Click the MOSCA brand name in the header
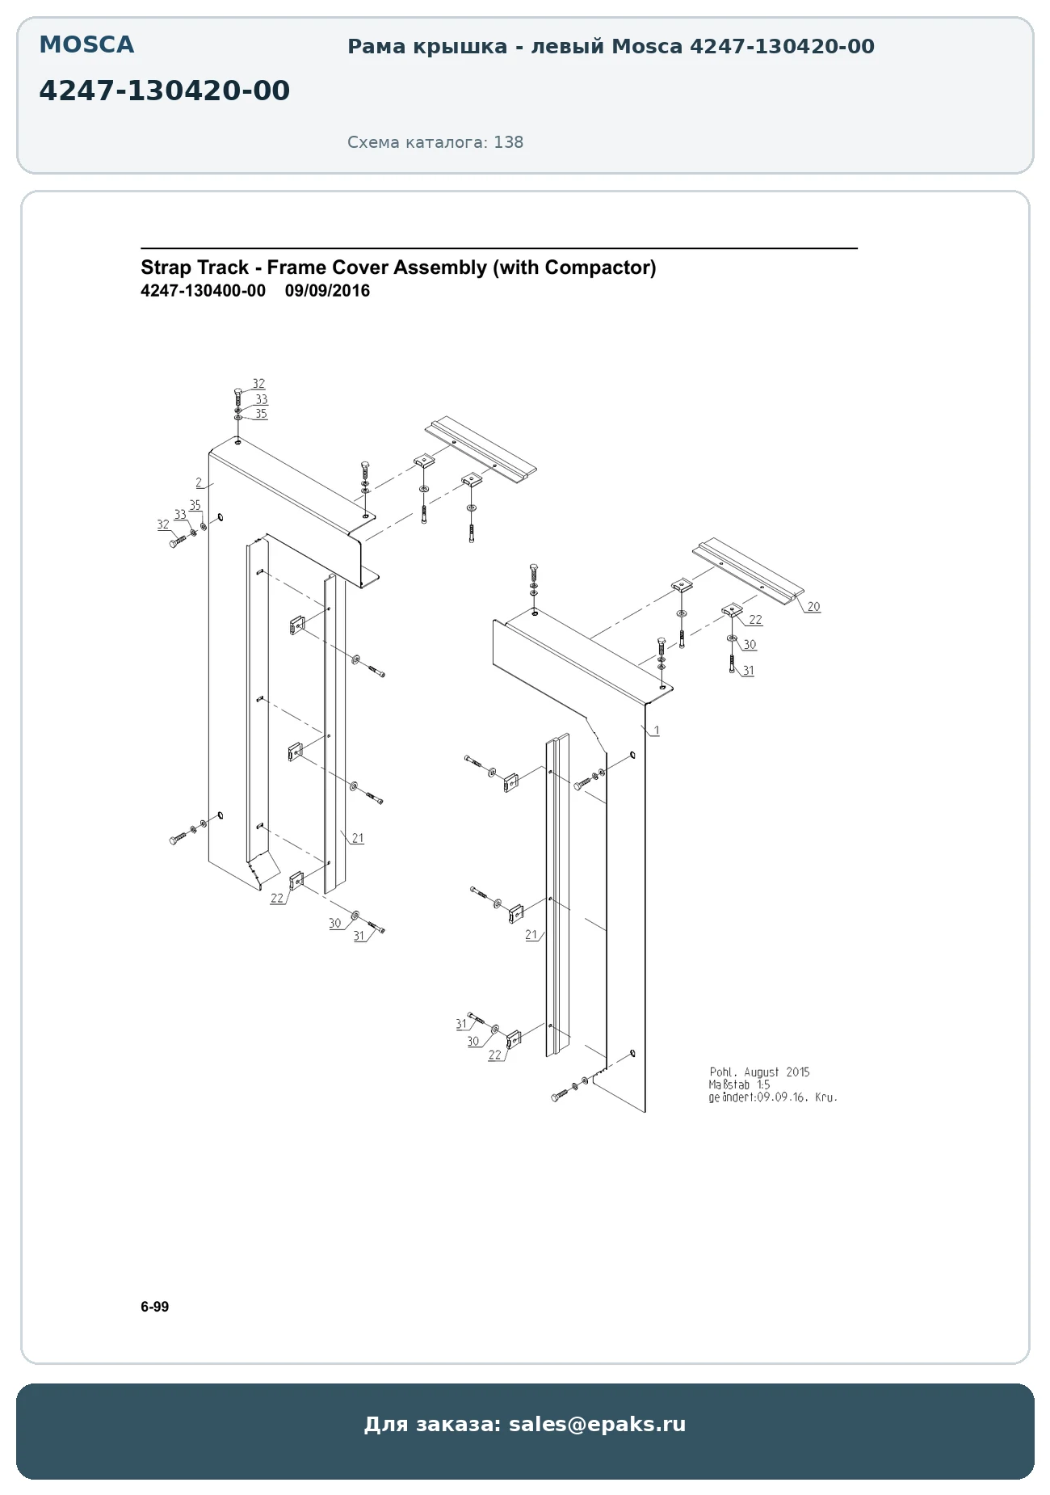pos(86,45)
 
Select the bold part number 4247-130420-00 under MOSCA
pos(164,91)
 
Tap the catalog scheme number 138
pos(509,142)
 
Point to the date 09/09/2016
pos(327,291)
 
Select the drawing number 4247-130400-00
pos(203,291)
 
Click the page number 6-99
pos(155,1307)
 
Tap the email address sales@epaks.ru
pos(597,1424)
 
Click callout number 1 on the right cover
pos(657,731)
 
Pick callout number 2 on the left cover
pos(199,482)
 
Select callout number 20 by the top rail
pos(813,607)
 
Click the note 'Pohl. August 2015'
pos(759,1072)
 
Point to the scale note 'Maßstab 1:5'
pos(739,1085)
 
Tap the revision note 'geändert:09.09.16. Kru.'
pos(773,1097)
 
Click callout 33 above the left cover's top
pos(261,399)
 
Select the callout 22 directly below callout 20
pos(755,620)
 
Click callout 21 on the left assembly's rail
pos(357,838)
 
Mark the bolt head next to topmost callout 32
pos(237,392)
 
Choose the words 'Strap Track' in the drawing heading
pos(195,267)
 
